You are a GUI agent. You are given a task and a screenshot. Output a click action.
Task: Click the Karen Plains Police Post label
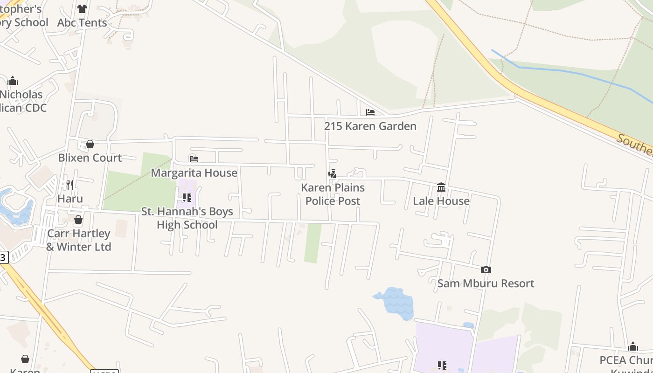point(333,194)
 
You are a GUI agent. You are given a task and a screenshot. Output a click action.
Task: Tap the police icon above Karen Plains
point(332,174)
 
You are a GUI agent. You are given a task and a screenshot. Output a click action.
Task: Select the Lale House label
point(441,201)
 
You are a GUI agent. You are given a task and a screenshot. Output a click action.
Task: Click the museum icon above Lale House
point(441,187)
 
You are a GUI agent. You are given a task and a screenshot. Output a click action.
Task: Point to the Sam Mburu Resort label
point(486,283)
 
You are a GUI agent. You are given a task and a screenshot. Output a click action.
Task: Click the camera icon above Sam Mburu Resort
point(486,269)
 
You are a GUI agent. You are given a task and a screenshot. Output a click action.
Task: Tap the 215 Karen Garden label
point(370,126)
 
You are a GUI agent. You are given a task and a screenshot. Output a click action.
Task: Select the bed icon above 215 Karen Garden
point(370,112)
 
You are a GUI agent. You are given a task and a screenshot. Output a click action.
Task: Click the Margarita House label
point(194,173)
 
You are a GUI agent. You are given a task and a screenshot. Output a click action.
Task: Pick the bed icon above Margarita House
point(194,159)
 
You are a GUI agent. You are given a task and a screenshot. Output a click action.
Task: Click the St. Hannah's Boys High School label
point(187,218)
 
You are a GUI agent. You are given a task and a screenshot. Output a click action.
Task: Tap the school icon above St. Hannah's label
point(187,198)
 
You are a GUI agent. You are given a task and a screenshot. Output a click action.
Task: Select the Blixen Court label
point(90,158)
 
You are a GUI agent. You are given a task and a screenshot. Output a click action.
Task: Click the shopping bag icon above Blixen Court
point(90,144)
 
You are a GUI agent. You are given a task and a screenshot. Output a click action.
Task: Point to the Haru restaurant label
point(70,199)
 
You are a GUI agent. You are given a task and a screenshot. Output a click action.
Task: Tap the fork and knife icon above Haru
point(70,185)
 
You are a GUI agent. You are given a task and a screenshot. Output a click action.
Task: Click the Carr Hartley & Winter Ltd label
point(78,240)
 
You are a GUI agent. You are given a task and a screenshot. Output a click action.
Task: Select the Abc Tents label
point(82,22)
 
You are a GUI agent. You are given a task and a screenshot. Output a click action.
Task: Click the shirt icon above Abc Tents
point(82,8)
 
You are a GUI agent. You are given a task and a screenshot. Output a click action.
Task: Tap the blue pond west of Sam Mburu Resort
point(396,302)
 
